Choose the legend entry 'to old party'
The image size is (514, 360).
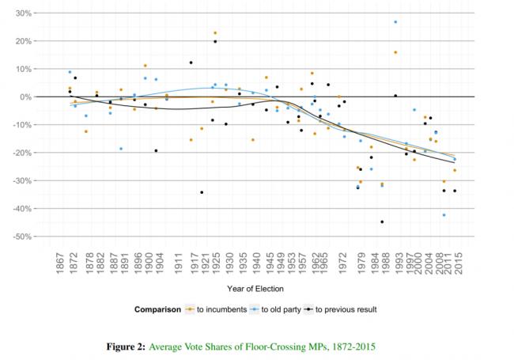click(279, 309)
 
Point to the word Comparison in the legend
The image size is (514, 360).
click(158, 309)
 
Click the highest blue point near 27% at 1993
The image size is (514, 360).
click(395, 22)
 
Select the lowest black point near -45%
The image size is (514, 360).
click(382, 222)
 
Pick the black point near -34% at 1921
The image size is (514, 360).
click(202, 192)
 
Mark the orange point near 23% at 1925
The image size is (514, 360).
click(215, 33)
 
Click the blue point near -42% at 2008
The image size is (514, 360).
click(444, 215)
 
